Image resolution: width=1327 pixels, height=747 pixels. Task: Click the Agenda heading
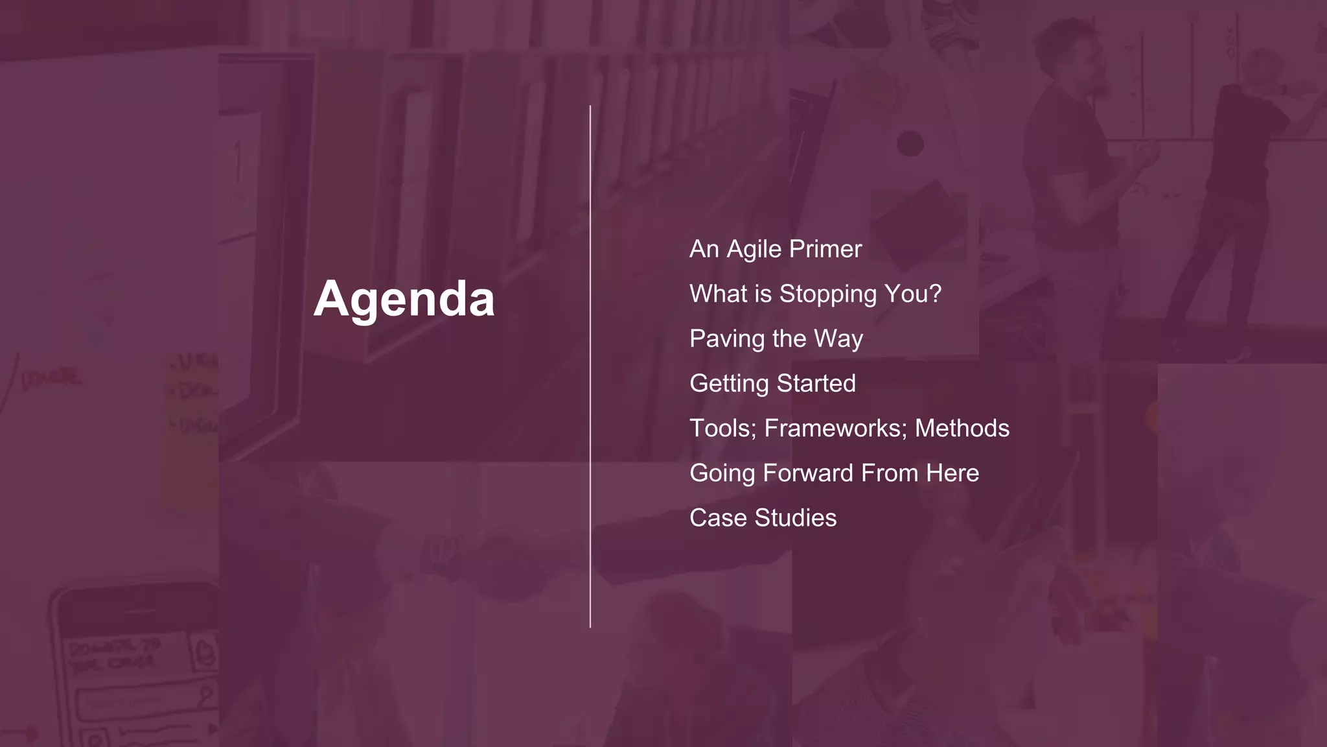404,299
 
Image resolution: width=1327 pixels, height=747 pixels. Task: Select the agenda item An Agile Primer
775,249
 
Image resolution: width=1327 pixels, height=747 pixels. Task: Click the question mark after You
934,294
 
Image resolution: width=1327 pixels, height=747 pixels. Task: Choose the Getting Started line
772,383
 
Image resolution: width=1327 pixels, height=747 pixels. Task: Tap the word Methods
962,429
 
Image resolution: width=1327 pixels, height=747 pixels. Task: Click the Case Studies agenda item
763,518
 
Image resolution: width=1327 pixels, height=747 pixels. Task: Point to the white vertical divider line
590,366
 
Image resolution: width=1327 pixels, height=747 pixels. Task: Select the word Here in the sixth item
952,473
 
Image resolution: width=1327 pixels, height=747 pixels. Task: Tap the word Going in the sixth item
722,473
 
